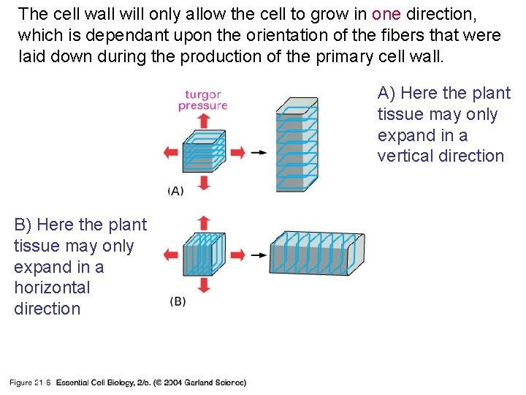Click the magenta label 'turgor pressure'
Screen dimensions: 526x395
[x=202, y=99]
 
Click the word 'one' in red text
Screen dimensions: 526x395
[x=386, y=13]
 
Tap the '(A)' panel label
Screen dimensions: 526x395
[x=176, y=191]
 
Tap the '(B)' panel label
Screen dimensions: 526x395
[x=178, y=301]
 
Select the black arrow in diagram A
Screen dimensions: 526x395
[x=258, y=153]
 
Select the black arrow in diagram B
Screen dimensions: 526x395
[x=258, y=255]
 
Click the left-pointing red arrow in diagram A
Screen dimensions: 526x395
[x=171, y=152]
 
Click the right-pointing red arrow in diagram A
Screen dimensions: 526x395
[x=237, y=152]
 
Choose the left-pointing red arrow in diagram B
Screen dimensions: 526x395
[x=171, y=255]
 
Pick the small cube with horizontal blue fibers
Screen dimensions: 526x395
[x=203, y=151]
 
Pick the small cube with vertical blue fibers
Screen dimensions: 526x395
[x=203, y=254]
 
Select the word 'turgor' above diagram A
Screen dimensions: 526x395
[x=202, y=94]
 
